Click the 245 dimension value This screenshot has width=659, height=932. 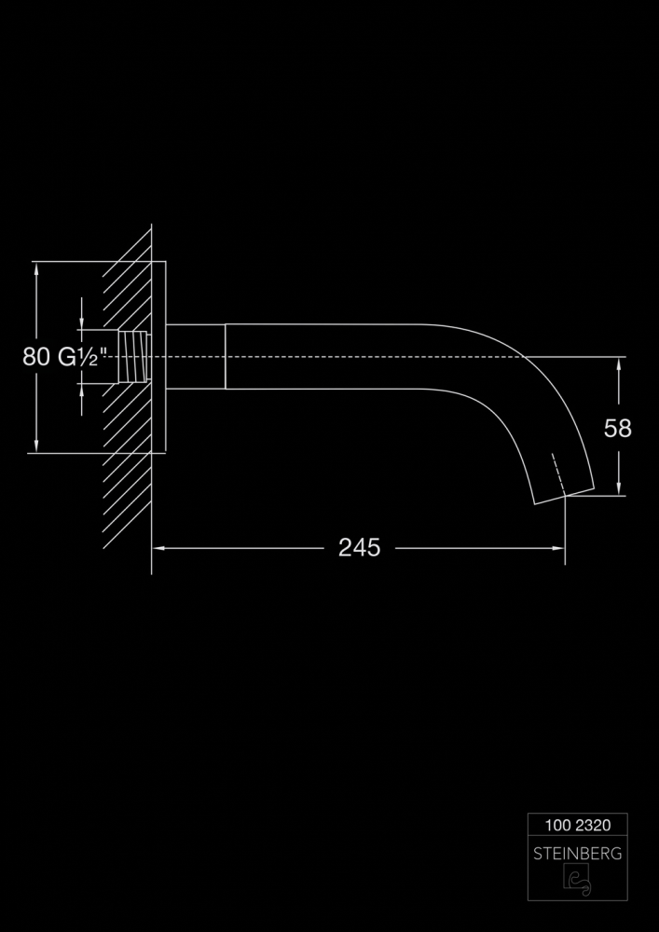[x=359, y=547]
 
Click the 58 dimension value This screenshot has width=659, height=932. [x=617, y=428]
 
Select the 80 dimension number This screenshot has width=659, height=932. [x=36, y=357]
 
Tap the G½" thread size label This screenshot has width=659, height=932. [x=82, y=357]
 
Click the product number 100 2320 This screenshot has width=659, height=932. [x=578, y=825]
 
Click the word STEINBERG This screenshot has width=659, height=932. [x=578, y=854]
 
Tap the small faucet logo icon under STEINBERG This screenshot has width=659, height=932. [x=577, y=879]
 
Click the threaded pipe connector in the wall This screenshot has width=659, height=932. [x=133, y=357]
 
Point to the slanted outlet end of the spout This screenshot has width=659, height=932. [x=564, y=497]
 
